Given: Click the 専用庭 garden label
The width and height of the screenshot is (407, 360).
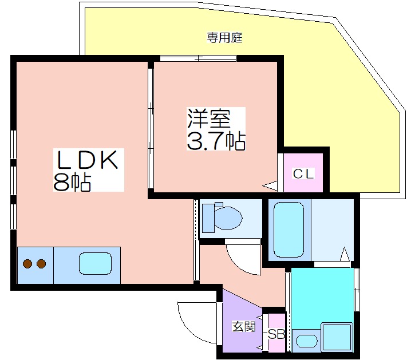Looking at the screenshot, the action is [224, 38].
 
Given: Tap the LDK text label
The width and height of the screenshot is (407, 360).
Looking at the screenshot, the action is [88, 160].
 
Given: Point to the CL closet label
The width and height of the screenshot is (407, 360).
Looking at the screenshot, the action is [303, 173].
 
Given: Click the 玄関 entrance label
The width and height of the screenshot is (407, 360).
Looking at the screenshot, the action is [244, 326].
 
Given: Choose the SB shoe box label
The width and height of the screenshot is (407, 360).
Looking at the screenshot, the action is [276, 334].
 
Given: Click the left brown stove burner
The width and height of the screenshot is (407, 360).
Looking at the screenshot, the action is [27, 264].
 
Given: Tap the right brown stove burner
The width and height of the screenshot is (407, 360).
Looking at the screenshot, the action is [41, 264].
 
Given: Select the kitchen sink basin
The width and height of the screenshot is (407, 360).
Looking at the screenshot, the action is [95, 264].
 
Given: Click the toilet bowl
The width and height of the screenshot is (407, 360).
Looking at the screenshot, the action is [228, 218].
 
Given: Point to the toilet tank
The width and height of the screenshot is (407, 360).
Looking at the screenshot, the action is [208, 218].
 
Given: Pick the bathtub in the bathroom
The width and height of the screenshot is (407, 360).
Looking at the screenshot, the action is [289, 230].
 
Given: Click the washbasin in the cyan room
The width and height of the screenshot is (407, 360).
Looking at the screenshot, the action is [307, 341].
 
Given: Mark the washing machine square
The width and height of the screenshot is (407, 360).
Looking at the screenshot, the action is [337, 337].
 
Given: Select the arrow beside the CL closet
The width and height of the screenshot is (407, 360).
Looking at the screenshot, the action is [270, 185].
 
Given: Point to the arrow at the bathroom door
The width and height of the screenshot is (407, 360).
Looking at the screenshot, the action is [345, 254].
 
